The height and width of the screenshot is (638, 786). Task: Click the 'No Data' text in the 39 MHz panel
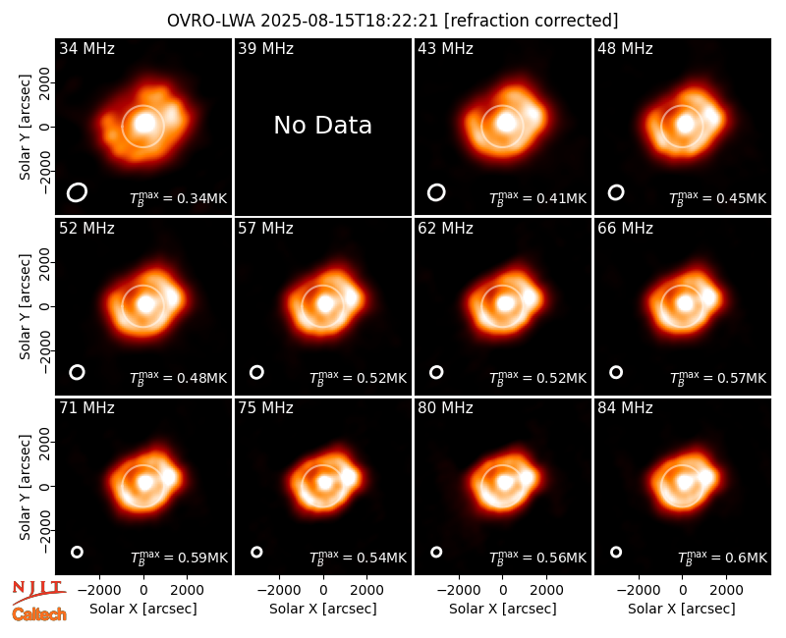[x=323, y=125]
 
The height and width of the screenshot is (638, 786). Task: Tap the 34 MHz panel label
[x=86, y=48]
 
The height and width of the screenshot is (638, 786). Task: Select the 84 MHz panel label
[x=625, y=408]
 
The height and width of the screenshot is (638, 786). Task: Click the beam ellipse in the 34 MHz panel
[x=78, y=192]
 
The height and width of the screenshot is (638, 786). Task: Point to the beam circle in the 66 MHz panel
[x=616, y=372]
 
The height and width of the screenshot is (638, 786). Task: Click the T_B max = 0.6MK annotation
[x=722, y=557]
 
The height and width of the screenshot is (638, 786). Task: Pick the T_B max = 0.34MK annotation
[x=179, y=198]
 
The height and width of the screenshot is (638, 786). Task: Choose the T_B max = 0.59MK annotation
[x=179, y=557]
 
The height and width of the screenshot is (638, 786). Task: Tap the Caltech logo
[x=39, y=614]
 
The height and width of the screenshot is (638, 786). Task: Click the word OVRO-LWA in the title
[x=211, y=21]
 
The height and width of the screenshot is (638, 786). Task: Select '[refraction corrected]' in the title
[x=532, y=21]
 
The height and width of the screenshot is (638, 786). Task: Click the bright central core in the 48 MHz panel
[x=685, y=124]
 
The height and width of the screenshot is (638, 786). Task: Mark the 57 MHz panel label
[x=265, y=229]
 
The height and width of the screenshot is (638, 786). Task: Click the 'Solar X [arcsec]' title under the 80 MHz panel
[x=503, y=609]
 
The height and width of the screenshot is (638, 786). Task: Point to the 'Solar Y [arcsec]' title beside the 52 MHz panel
[x=25, y=306]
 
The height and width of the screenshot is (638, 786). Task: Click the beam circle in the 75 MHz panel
[x=256, y=552]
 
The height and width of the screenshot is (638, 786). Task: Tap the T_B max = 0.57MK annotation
[x=718, y=378]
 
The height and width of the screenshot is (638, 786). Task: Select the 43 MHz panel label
[x=446, y=48]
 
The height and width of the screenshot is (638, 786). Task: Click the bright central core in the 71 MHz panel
[x=144, y=482]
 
